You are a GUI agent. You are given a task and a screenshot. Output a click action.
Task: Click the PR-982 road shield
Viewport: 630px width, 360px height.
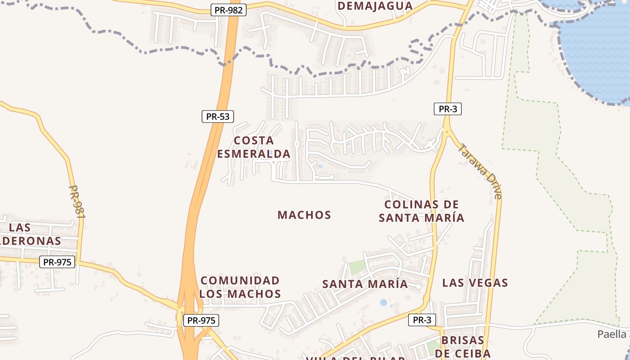[x=229, y=10]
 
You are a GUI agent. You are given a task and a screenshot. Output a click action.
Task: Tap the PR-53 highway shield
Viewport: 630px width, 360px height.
[x=218, y=117]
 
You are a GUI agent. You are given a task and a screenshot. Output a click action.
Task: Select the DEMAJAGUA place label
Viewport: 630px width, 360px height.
[x=375, y=6]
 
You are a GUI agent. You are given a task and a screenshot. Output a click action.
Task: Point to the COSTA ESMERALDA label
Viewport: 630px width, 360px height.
[x=254, y=147]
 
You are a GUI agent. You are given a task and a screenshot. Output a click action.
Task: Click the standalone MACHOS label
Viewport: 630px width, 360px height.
[x=304, y=215]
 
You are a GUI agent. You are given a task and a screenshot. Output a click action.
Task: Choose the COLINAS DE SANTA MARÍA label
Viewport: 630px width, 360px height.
[x=421, y=211]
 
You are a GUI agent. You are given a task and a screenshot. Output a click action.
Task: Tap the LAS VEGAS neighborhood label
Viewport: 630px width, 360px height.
[x=475, y=283]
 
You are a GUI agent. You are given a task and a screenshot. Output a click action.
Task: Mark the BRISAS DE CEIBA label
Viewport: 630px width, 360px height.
[x=462, y=346]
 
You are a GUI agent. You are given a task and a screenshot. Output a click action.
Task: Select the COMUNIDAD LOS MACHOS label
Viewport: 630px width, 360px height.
[x=240, y=287]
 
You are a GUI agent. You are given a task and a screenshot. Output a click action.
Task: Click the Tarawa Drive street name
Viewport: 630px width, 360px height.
[x=480, y=171]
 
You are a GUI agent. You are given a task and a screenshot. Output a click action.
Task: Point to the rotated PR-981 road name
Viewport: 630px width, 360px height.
[x=77, y=202]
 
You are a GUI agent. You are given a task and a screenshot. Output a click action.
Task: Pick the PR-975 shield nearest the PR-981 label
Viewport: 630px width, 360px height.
[x=57, y=262]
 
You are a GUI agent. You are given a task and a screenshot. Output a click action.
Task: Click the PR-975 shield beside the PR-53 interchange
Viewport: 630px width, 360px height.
[x=201, y=320]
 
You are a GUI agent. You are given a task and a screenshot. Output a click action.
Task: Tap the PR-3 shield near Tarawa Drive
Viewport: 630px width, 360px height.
[x=448, y=108]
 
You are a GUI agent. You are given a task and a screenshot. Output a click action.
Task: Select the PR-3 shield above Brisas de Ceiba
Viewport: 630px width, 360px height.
[x=422, y=320]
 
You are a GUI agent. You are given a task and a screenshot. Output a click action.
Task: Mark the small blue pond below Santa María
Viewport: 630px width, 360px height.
[x=383, y=302]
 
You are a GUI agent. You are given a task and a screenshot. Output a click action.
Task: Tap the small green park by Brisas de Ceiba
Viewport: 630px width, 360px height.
[x=433, y=346]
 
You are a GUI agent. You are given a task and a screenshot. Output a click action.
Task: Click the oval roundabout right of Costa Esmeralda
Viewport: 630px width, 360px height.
[x=297, y=144]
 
